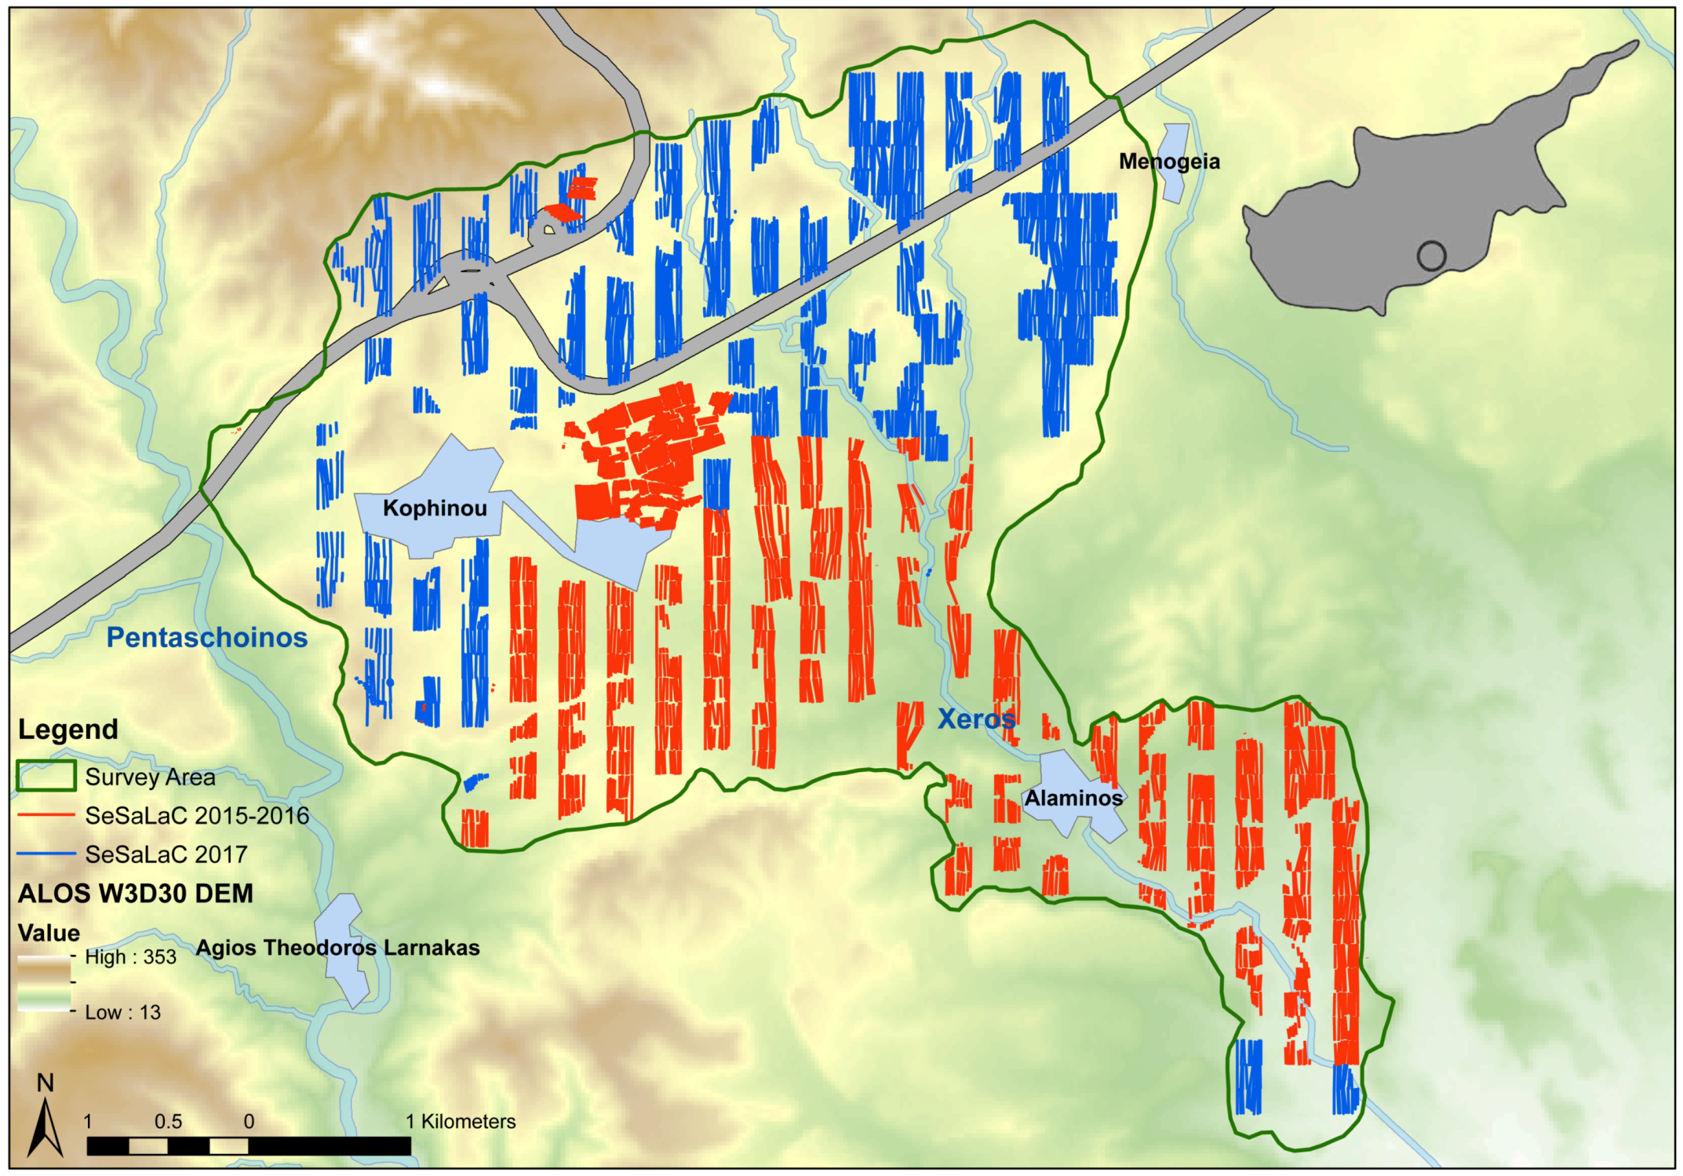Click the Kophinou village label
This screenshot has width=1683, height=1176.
(x=435, y=508)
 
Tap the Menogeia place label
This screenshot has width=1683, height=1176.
(x=1168, y=162)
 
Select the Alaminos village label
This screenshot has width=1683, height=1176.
(x=1073, y=798)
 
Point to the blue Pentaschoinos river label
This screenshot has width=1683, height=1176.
(x=206, y=637)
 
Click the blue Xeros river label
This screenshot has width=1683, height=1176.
(x=976, y=719)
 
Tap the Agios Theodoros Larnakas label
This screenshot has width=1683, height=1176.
(x=337, y=948)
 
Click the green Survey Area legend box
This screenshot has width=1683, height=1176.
(x=46, y=776)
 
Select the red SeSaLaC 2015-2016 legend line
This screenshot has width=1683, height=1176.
(x=46, y=815)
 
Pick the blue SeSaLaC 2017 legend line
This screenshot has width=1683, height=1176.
(x=46, y=854)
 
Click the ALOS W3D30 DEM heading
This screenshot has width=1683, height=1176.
(x=135, y=894)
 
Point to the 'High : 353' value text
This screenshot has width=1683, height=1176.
(x=130, y=957)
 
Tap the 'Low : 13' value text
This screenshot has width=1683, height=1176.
(x=122, y=1013)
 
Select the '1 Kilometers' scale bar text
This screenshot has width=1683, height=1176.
(x=461, y=1122)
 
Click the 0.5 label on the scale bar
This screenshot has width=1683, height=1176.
(x=168, y=1122)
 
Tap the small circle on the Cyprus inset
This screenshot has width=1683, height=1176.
(x=1431, y=256)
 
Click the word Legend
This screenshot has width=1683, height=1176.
(x=67, y=730)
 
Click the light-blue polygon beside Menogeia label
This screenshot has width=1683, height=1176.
(x=1175, y=163)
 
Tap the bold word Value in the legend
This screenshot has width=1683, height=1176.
(x=49, y=933)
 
